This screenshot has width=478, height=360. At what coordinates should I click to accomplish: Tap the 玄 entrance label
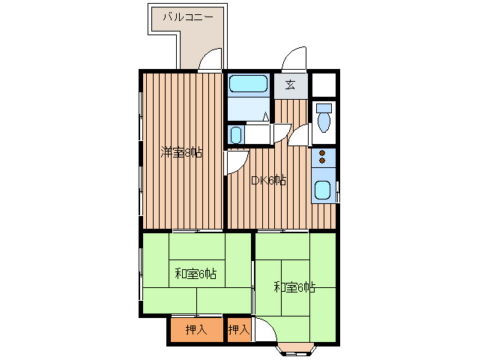(291, 84)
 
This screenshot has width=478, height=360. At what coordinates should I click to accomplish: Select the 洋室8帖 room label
(181, 154)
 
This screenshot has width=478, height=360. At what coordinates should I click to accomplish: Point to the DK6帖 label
(268, 180)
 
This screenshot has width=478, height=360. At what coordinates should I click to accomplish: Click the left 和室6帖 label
(196, 274)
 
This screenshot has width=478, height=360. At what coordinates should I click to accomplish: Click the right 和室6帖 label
(294, 286)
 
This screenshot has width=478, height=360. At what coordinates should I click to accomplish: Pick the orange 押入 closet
(196, 329)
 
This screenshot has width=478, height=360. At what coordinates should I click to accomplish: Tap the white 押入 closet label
(239, 329)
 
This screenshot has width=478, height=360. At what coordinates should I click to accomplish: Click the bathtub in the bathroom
(248, 85)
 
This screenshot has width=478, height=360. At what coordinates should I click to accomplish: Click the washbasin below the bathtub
(236, 135)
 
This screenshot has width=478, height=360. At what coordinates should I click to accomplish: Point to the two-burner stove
(323, 157)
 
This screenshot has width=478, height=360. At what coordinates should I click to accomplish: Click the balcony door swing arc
(211, 60)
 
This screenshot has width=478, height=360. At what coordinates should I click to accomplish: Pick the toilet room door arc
(300, 136)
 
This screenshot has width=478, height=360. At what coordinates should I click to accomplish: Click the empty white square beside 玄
(324, 83)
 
